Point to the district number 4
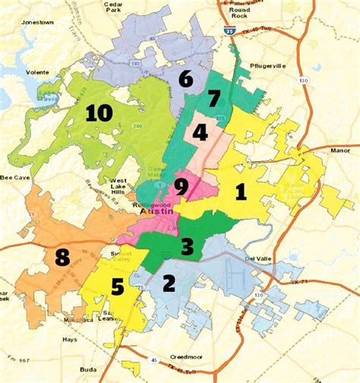point(201,132)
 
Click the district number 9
point(118,288)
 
